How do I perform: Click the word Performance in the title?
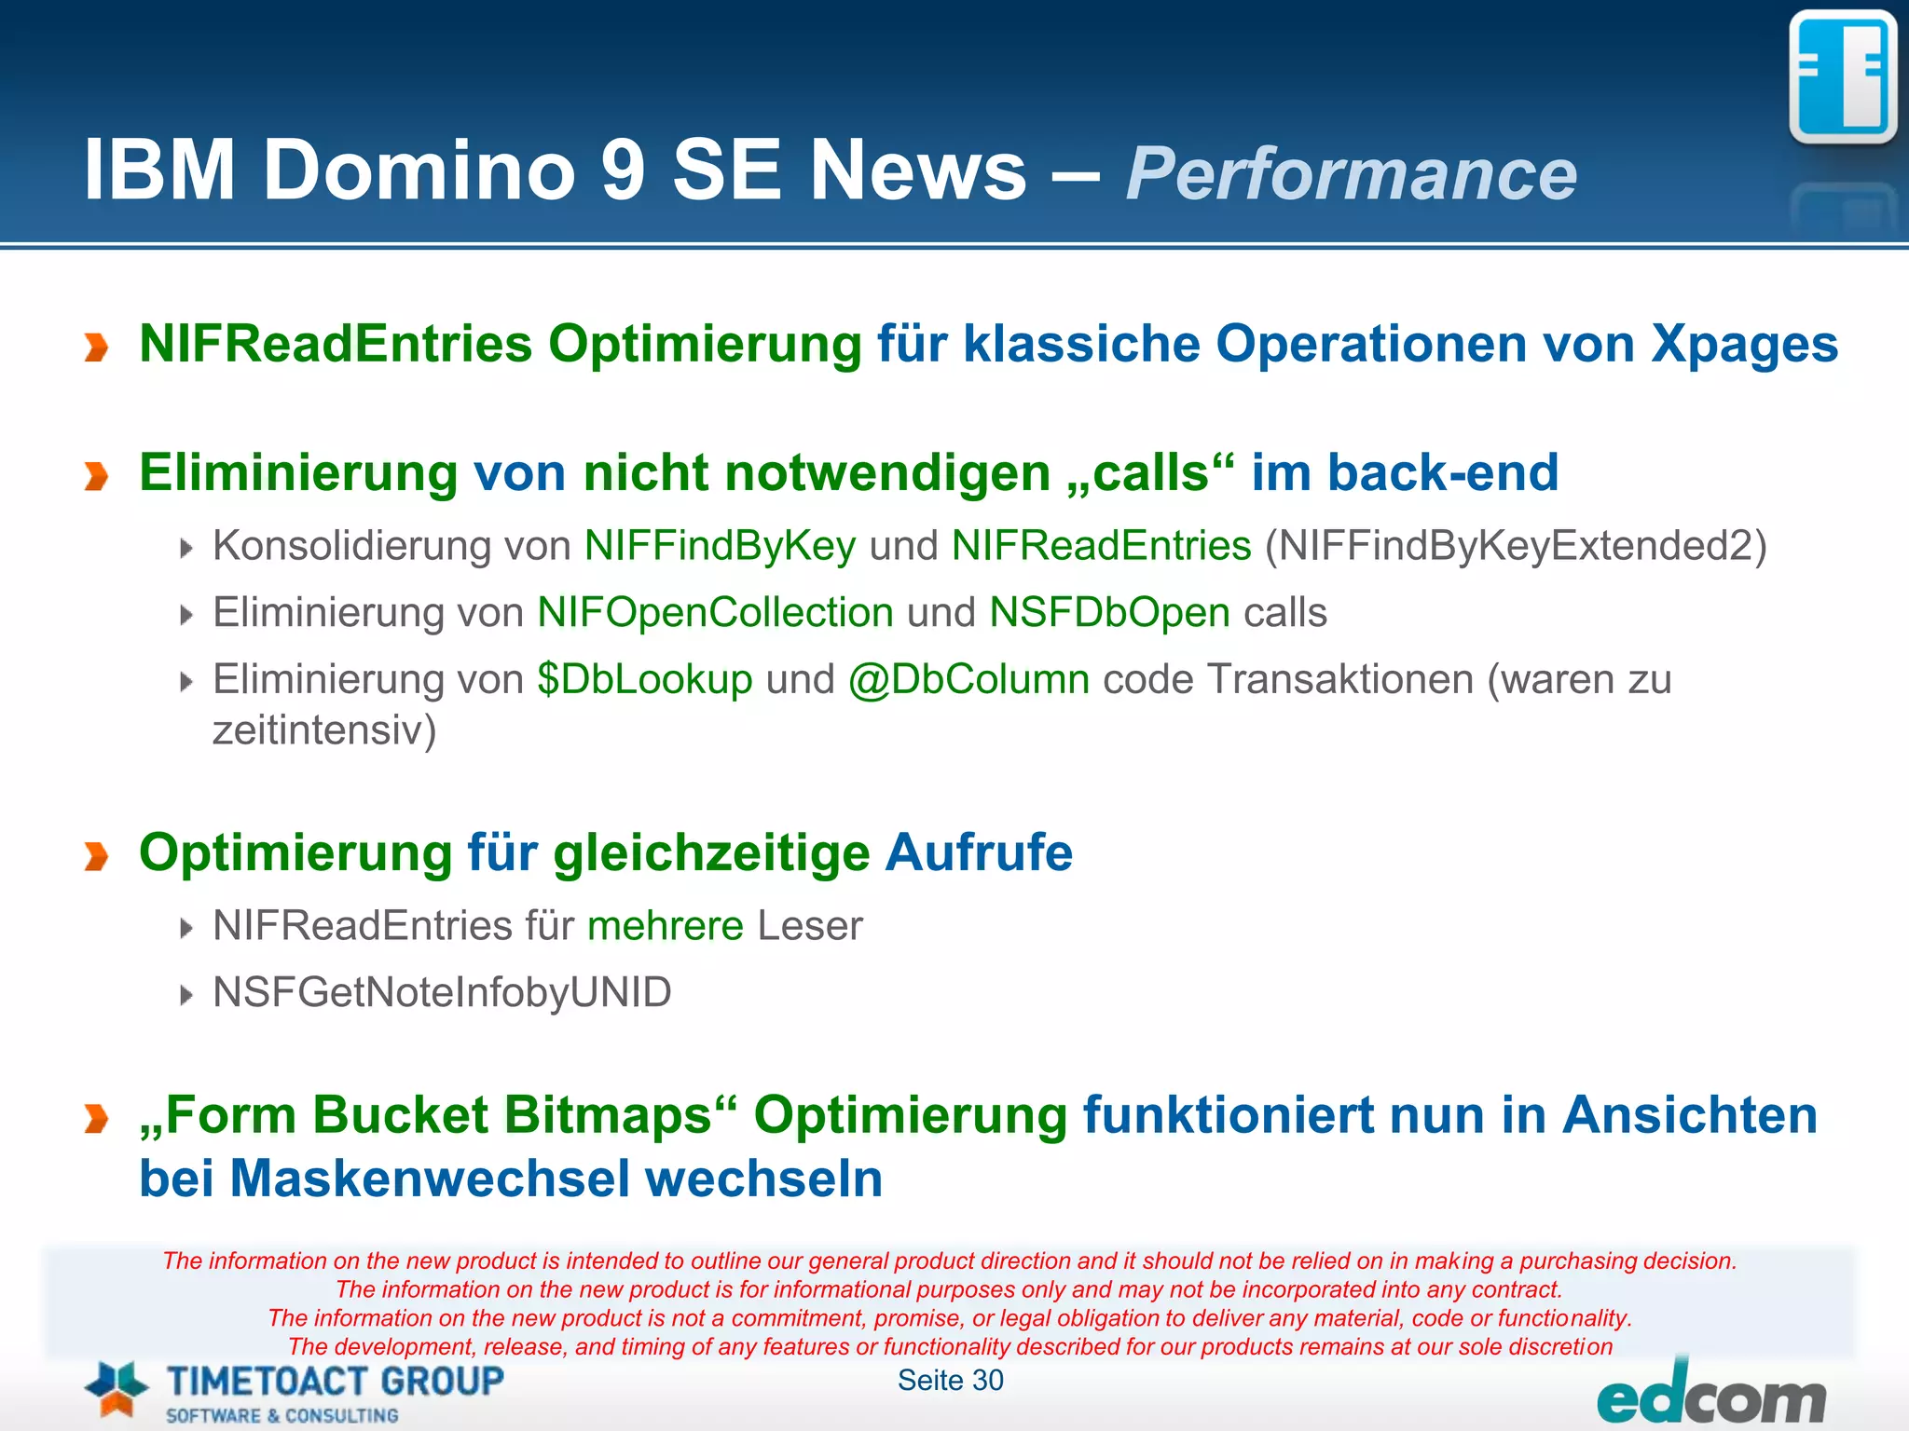click(1351, 173)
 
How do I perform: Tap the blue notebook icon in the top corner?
click(1842, 78)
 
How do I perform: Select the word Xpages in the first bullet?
click(1744, 344)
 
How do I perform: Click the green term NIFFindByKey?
click(720, 546)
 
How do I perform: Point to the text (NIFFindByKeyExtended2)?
click(1516, 546)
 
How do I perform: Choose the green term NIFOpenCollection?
click(715, 613)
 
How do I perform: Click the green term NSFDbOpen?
click(1109, 613)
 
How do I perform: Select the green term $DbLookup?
click(644, 679)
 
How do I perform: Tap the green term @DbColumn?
click(968, 679)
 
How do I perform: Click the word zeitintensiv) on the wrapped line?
click(324, 729)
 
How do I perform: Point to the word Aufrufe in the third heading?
click(979, 852)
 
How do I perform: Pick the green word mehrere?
click(666, 926)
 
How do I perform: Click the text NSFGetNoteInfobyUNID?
click(442, 993)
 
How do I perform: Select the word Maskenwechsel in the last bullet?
click(430, 1179)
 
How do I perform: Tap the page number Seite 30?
click(950, 1381)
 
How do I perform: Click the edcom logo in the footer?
click(1711, 1397)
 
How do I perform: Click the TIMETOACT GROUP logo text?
click(335, 1381)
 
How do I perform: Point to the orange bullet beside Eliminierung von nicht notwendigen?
click(96, 476)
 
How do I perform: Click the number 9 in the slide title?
click(623, 170)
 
